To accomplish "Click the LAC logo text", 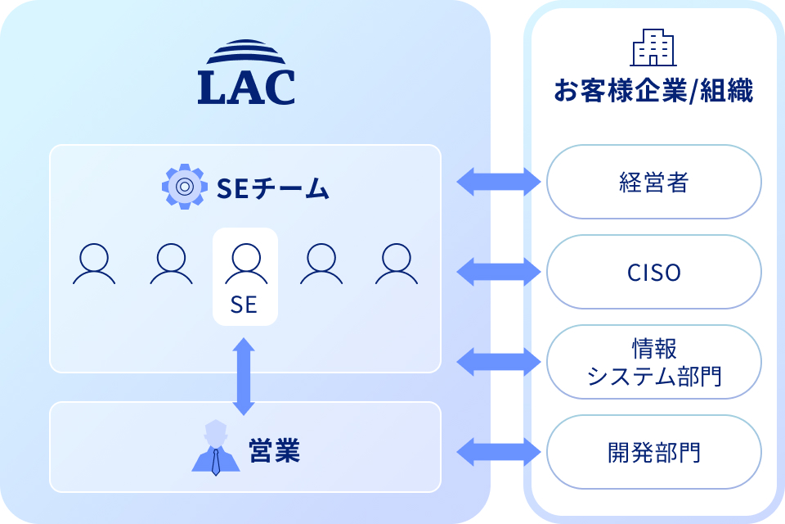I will tap(245, 88).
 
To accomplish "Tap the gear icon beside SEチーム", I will tap(185, 187).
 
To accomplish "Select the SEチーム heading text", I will tap(273, 189).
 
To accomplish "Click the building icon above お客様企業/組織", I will tap(653, 47).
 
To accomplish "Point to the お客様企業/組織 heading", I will tap(653, 90).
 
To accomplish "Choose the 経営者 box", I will tap(653, 182).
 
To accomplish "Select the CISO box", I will tap(653, 272).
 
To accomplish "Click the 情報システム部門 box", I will tap(653, 362).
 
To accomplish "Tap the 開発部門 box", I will tap(653, 452).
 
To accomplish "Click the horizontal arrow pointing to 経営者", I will tap(498, 182).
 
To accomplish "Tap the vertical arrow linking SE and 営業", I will tap(244, 376).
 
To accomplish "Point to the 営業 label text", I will tap(274, 451).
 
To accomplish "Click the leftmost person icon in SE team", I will tap(93, 264).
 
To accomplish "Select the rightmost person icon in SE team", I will tap(397, 264).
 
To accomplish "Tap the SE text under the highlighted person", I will tap(244, 305).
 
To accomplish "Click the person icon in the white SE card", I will tap(244, 263).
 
